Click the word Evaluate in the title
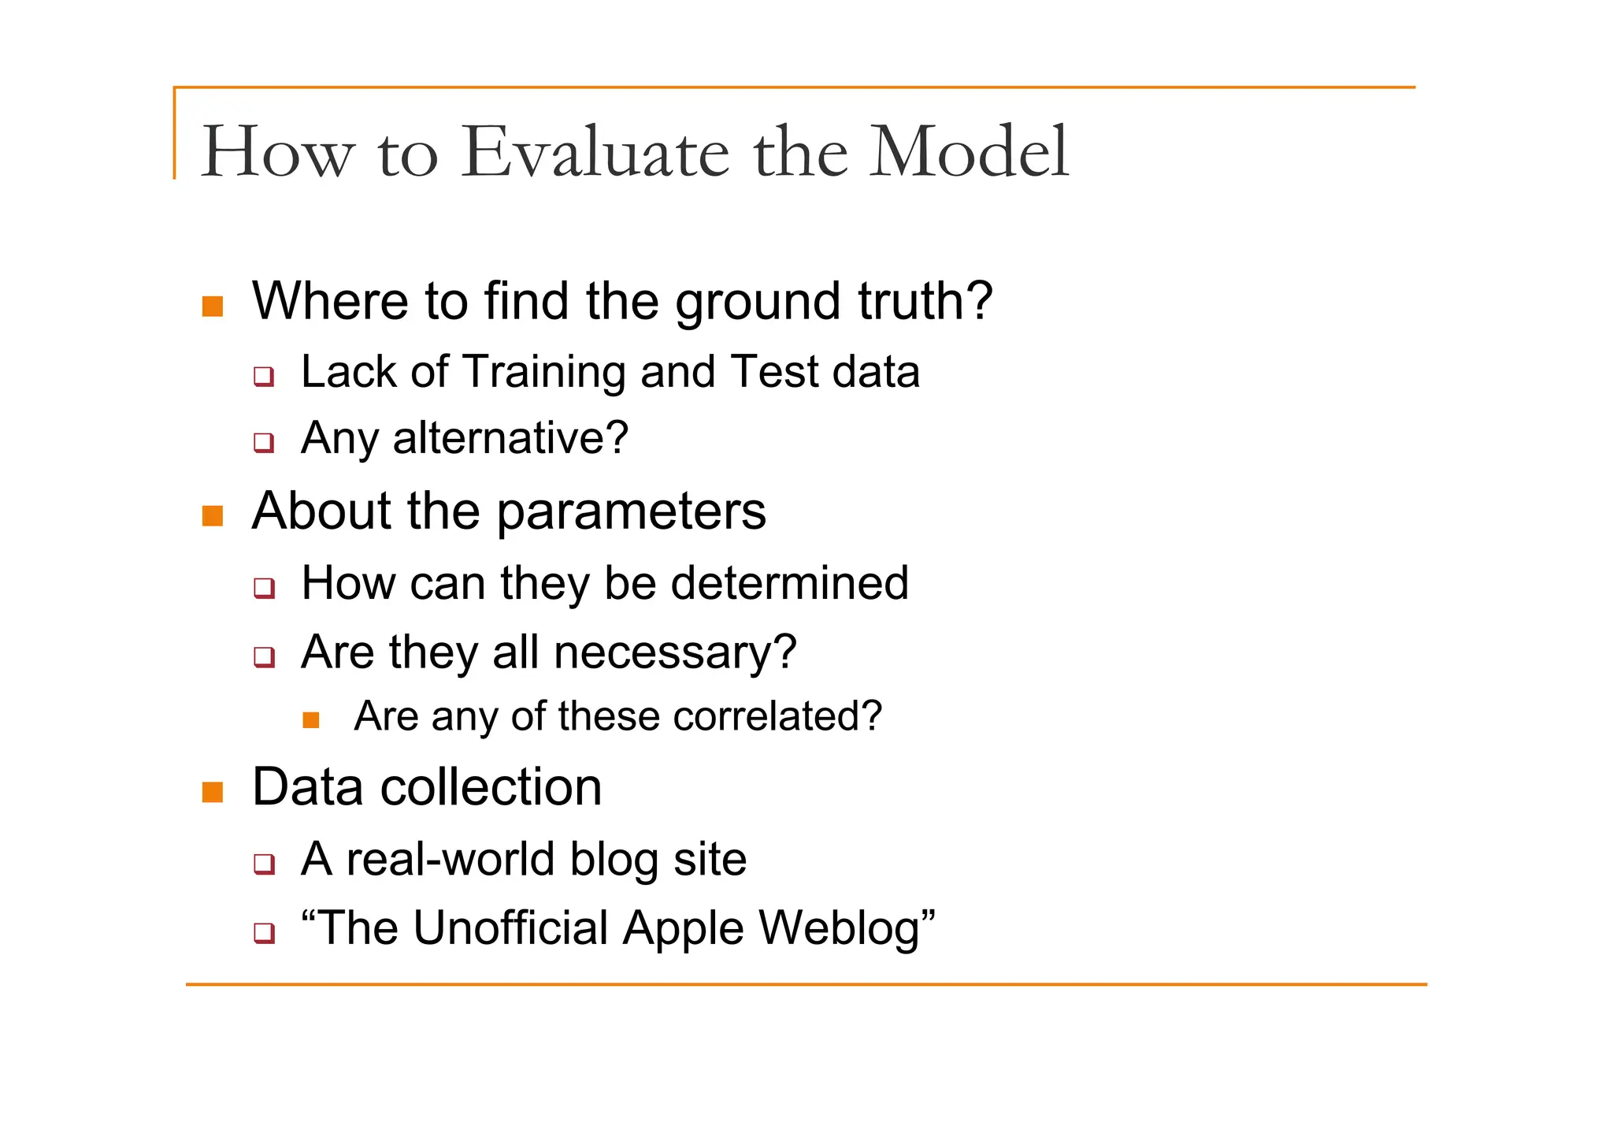595,151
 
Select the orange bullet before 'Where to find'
213,306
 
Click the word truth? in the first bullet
925,301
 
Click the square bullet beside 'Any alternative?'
264,442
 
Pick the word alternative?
510,438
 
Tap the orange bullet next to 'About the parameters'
213,516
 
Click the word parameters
631,512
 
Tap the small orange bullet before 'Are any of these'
311,719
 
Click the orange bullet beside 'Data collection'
213,792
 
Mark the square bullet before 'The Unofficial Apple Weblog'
264,933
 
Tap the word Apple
683,929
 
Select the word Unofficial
510,928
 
